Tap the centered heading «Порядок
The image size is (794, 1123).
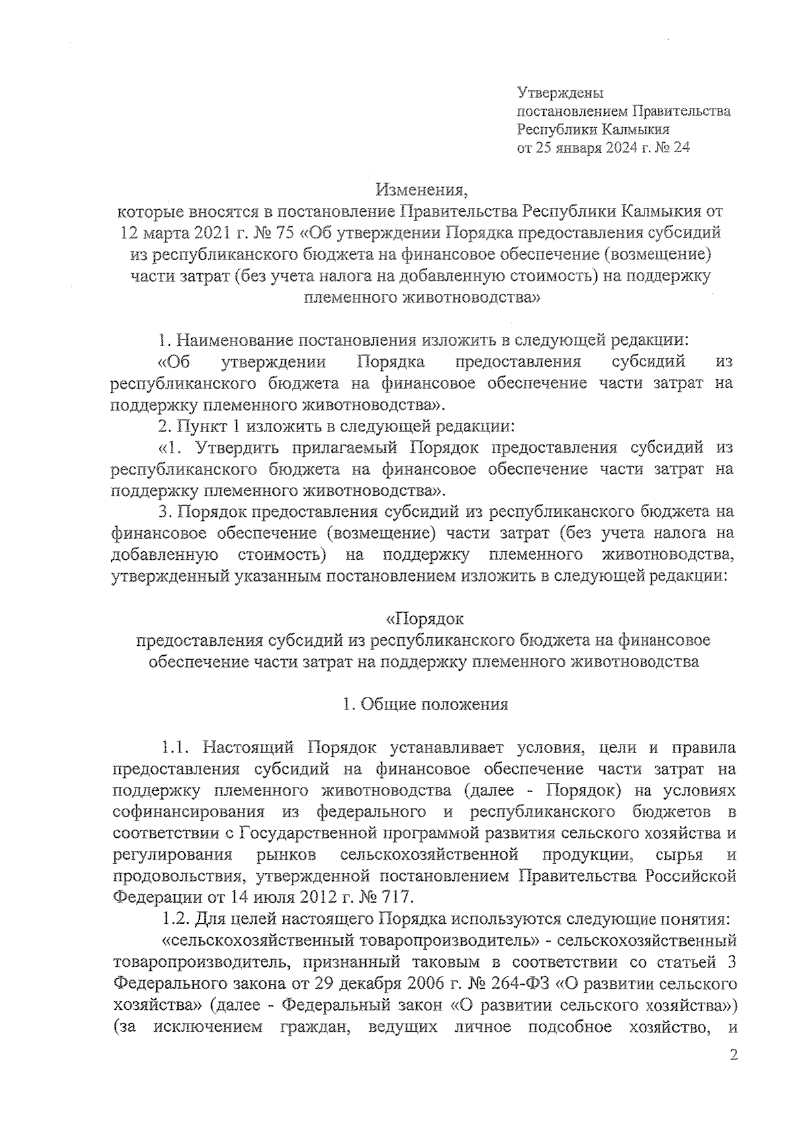[424, 619]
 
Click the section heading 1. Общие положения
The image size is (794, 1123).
[425, 705]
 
